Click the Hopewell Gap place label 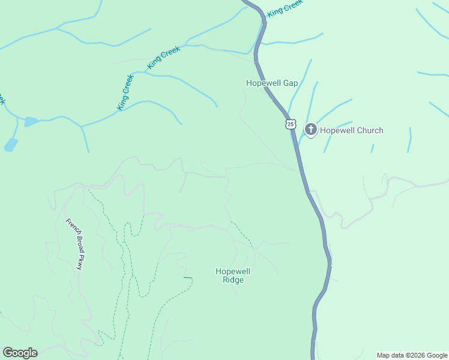tap(272, 83)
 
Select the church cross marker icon tap(311, 129)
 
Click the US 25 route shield tap(291, 124)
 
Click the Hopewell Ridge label tap(233, 275)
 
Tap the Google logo tap(20, 353)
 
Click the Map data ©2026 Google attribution tap(412, 355)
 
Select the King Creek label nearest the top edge tap(285, 8)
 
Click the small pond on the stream tap(31, 122)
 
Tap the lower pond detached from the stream tap(11, 145)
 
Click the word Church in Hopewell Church tap(368, 130)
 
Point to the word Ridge tap(233, 280)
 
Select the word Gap tap(291, 83)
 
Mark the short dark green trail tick tap(188, 278)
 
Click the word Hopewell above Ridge tap(233, 271)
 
